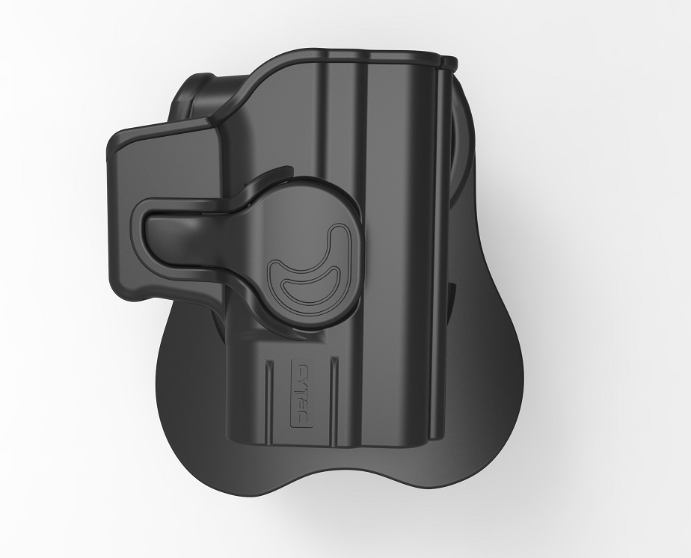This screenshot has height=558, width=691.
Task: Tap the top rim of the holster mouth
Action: [x=351, y=56]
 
